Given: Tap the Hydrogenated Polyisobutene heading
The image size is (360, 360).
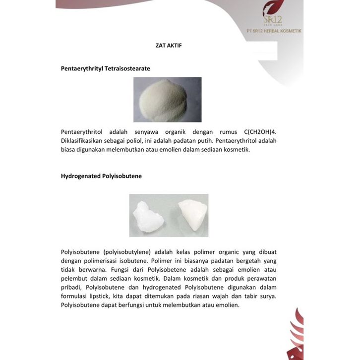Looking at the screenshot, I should [101, 176].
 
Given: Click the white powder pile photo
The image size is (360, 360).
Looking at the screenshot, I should [168, 99].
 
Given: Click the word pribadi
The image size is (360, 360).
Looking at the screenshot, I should [71, 288].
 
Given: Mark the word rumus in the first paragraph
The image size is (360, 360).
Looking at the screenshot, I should [221, 132].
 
